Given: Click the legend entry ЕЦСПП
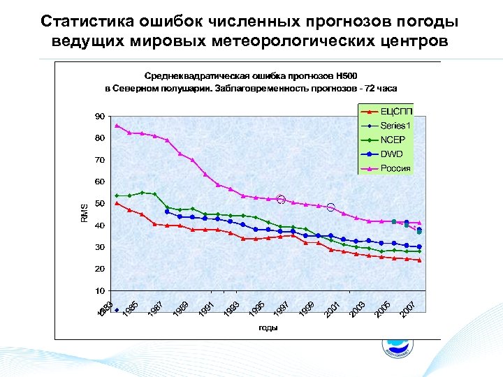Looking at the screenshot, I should point(396,112).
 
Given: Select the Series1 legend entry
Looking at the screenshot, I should point(396,126).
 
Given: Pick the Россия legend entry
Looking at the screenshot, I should point(396,168).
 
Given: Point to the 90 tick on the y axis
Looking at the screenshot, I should point(101,117).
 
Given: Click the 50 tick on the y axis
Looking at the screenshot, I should point(101,204).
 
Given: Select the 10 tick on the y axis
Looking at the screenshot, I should point(101,290).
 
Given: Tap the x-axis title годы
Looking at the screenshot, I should point(267,327).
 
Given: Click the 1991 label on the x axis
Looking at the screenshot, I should point(205,308).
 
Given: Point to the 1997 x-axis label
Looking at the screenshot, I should point(281,308).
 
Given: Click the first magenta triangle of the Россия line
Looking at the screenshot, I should point(117,126).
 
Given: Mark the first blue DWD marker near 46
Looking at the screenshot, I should point(167,212).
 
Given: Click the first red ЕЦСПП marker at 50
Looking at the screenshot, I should point(117,203).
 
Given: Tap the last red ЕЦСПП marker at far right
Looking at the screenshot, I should point(419,260).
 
